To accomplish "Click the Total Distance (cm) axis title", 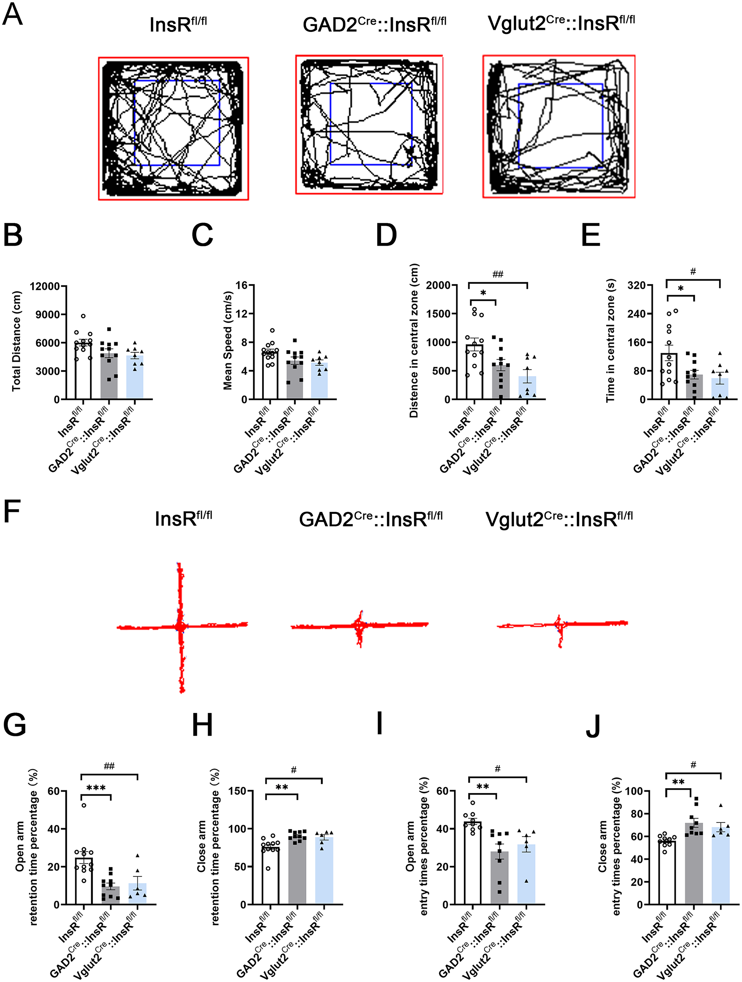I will [16, 341].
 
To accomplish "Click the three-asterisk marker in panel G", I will [96, 788].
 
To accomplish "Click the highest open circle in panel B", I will [83, 316].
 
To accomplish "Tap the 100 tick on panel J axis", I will [634, 791].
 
